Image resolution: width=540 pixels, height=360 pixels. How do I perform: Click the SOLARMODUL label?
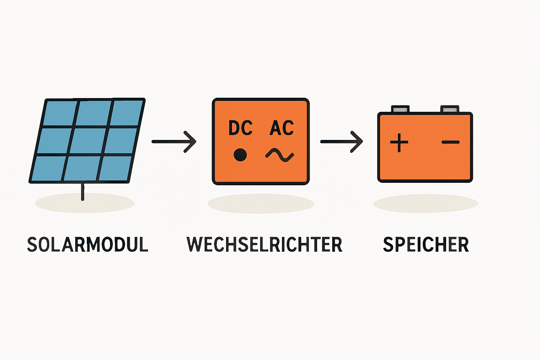[x=88, y=245]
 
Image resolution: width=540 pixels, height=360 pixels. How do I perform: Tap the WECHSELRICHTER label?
[x=264, y=245]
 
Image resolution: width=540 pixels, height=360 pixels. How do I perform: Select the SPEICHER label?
[x=426, y=245]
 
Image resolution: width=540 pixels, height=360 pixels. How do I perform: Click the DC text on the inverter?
[x=240, y=128]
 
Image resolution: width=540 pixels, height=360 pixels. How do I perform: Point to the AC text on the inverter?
[x=282, y=128]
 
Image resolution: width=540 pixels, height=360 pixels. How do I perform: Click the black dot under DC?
[x=240, y=155]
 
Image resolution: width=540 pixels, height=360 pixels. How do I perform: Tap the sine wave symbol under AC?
[x=280, y=155]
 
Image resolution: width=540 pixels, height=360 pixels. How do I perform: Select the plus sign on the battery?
[x=399, y=142]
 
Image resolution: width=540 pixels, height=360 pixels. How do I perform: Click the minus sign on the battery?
[x=450, y=142]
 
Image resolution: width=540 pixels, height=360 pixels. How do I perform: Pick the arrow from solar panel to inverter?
[x=174, y=142]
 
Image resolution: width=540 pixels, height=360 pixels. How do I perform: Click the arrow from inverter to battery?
[x=341, y=142]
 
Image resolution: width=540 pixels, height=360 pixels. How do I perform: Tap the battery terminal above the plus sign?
[x=400, y=109]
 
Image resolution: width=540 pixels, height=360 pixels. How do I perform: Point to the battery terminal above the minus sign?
[x=450, y=109]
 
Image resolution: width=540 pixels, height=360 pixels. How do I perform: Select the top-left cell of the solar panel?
[x=60, y=113]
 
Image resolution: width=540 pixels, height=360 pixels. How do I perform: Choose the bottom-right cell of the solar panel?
[x=114, y=168]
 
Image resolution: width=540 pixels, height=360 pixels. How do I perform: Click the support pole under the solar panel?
[x=83, y=192]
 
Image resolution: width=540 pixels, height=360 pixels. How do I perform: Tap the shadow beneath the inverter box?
[x=261, y=204]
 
